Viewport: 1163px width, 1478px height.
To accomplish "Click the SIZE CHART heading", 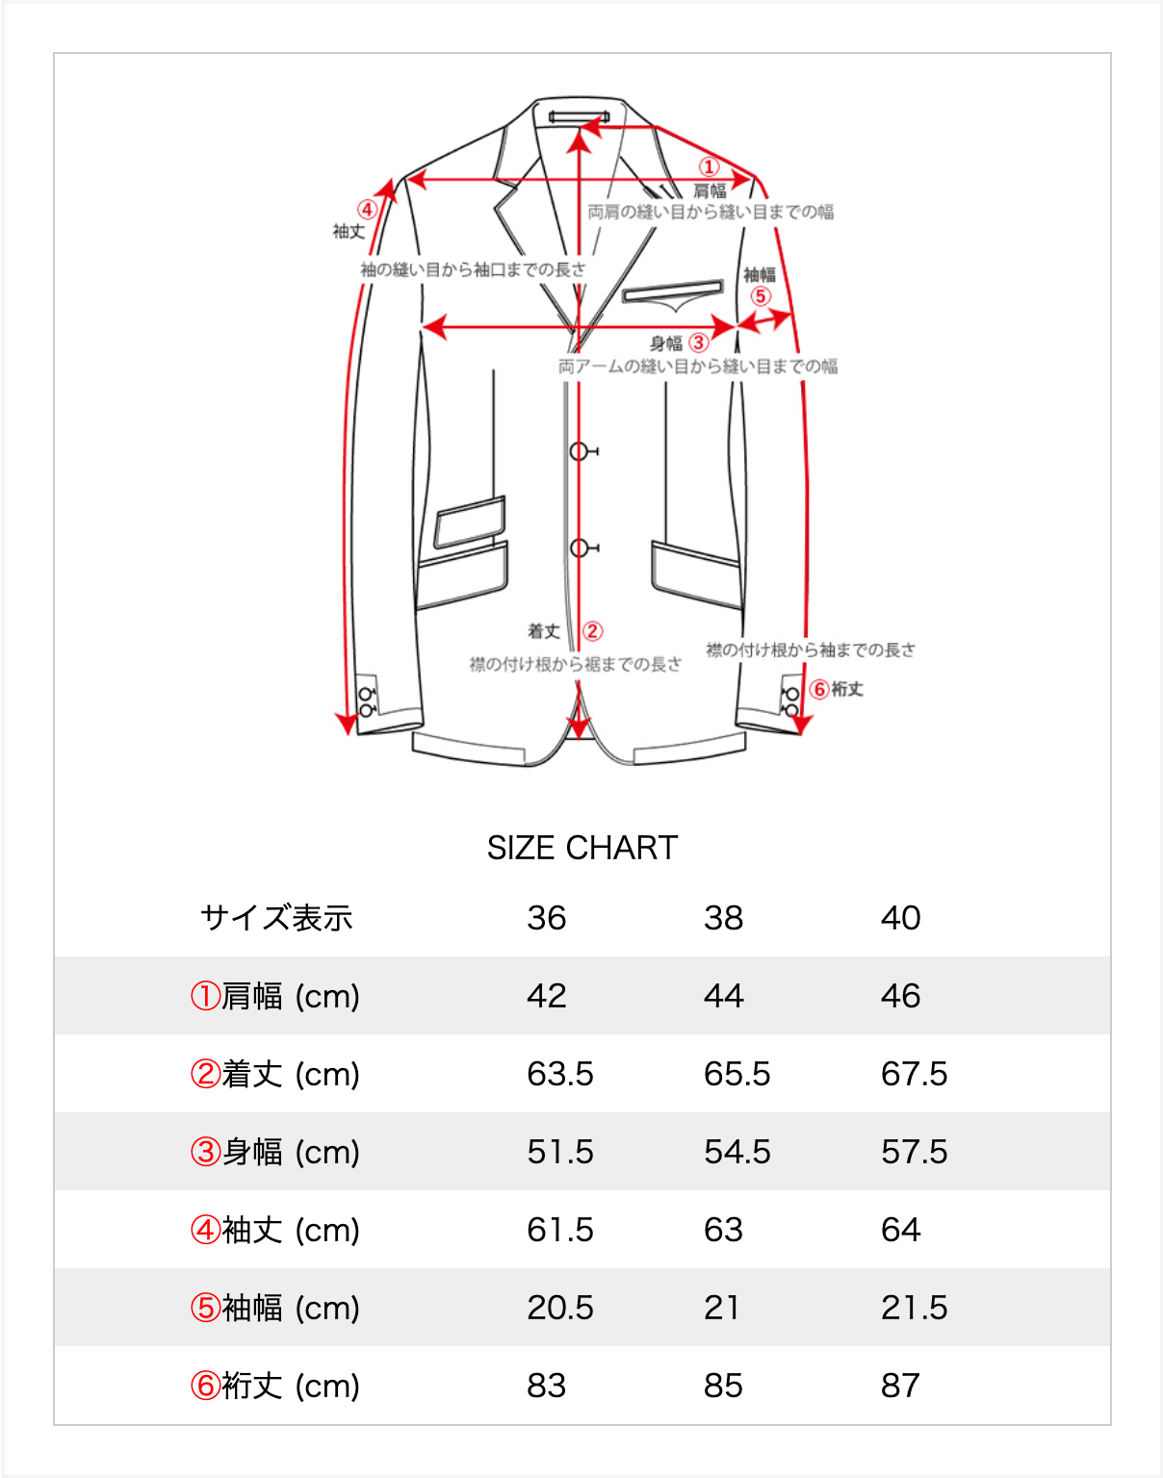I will (581, 848).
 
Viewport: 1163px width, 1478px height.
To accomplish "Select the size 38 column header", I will (723, 918).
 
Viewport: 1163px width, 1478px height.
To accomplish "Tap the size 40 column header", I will (900, 918).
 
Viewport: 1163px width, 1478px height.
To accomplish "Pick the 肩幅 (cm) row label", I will (275, 996).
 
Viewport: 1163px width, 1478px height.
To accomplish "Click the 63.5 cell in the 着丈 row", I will (559, 1074).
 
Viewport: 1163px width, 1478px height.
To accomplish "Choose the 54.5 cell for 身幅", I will (737, 1152).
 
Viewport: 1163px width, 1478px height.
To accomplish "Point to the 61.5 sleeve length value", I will (559, 1230).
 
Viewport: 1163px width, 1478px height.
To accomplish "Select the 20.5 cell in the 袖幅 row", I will (559, 1308).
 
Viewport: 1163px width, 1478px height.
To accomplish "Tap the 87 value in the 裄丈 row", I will (900, 1386).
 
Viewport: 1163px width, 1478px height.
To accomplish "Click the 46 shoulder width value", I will (900, 996).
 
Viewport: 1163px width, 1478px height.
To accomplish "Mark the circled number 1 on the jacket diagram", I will (709, 167).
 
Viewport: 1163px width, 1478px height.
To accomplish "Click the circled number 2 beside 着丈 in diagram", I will (592, 631).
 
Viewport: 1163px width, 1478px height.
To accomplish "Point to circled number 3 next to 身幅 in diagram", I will (699, 343).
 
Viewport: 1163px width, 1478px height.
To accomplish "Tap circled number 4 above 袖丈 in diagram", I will (367, 210).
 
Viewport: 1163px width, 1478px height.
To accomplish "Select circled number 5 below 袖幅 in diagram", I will (761, 296).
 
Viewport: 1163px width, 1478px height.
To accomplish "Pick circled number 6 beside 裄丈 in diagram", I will (819, 689).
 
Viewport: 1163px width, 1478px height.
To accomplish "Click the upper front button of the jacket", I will (579, 451).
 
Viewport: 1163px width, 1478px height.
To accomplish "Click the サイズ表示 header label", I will (276, 918).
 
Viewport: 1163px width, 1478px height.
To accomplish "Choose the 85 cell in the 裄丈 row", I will (723, 1386).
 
